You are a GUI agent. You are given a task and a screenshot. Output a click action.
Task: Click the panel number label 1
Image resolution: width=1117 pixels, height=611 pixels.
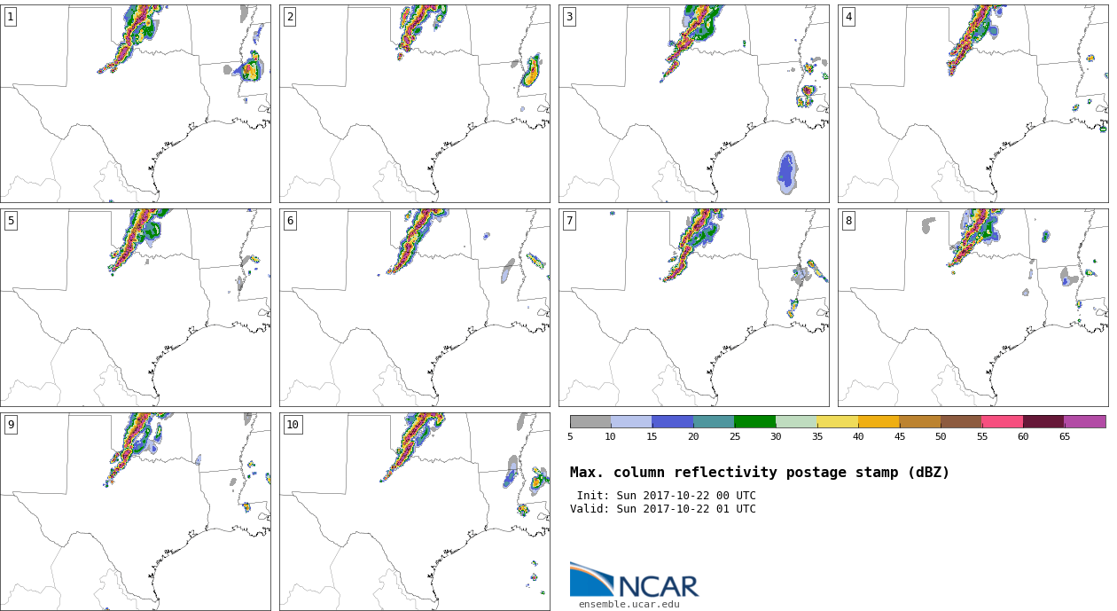coord(11,18)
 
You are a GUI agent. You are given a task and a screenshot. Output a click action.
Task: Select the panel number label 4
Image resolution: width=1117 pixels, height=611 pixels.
coord(848,18)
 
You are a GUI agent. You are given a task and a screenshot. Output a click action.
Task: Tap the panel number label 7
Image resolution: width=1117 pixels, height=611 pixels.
coord(569,221)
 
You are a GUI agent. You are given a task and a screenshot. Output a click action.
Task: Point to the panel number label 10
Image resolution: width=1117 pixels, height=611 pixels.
coord(293,425)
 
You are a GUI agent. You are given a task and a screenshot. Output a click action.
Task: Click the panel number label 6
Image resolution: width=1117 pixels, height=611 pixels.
coord(290,221)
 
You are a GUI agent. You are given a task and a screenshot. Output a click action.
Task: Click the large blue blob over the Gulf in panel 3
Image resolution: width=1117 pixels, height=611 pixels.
coord(787,173)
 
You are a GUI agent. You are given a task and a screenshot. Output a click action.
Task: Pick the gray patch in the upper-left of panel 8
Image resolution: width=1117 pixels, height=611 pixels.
coord(928,224)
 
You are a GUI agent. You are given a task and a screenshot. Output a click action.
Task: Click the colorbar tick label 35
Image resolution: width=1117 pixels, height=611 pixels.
coord(816,436)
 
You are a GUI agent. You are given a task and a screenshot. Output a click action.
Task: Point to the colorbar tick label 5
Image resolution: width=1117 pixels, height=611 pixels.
coord(570,436)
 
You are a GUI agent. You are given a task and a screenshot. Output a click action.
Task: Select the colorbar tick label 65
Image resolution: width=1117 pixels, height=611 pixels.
coord(1064,436)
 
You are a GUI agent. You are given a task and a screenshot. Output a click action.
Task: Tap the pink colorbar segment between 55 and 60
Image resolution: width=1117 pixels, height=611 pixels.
coord(1003,422)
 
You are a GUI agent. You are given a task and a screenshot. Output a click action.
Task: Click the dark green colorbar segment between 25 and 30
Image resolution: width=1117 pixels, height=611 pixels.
coord(755,422)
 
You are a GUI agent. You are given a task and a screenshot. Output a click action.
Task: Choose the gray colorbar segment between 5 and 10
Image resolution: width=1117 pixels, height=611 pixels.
coord(590,422)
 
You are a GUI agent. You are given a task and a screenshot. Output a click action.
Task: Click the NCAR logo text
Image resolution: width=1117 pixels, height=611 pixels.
coord(659,586)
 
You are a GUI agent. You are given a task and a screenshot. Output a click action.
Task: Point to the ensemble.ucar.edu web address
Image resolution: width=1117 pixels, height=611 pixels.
coord(629,605)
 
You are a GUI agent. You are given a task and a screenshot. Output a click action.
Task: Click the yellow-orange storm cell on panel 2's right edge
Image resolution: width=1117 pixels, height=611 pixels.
coord(533,73)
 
